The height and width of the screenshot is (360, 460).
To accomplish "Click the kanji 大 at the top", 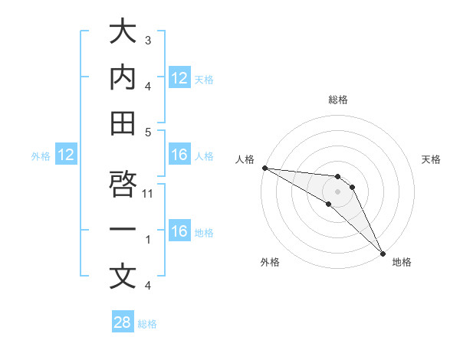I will point(122,32).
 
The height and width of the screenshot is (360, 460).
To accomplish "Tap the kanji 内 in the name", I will point(122,77).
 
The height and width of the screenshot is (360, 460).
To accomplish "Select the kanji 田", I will point(122,123).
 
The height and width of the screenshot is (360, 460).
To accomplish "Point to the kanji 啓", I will point(122,185).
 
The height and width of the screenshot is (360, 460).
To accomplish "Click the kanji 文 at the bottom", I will point(122,277).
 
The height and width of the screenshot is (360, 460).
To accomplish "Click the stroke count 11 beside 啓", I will point(149,194).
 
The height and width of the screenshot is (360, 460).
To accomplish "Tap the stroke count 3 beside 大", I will point(148,40).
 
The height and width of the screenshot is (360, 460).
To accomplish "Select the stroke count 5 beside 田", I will point(148,132).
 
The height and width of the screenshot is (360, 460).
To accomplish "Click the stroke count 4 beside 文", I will point(148,286).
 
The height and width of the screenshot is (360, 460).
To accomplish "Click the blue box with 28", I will point(123,322).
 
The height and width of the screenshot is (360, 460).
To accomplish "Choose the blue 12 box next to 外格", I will point(65,155).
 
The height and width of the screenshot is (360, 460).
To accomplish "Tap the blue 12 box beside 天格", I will point(179,78).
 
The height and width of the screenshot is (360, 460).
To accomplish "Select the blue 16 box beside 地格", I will point(179,232).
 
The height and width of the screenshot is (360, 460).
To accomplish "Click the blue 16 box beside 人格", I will point(179,155).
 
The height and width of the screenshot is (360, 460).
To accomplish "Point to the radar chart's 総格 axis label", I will point(337,100).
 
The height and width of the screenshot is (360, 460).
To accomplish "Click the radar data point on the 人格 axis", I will point(264,168).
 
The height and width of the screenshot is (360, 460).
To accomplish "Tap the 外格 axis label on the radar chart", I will point(271,262).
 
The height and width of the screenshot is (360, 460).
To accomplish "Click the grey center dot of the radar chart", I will point(337,191).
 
